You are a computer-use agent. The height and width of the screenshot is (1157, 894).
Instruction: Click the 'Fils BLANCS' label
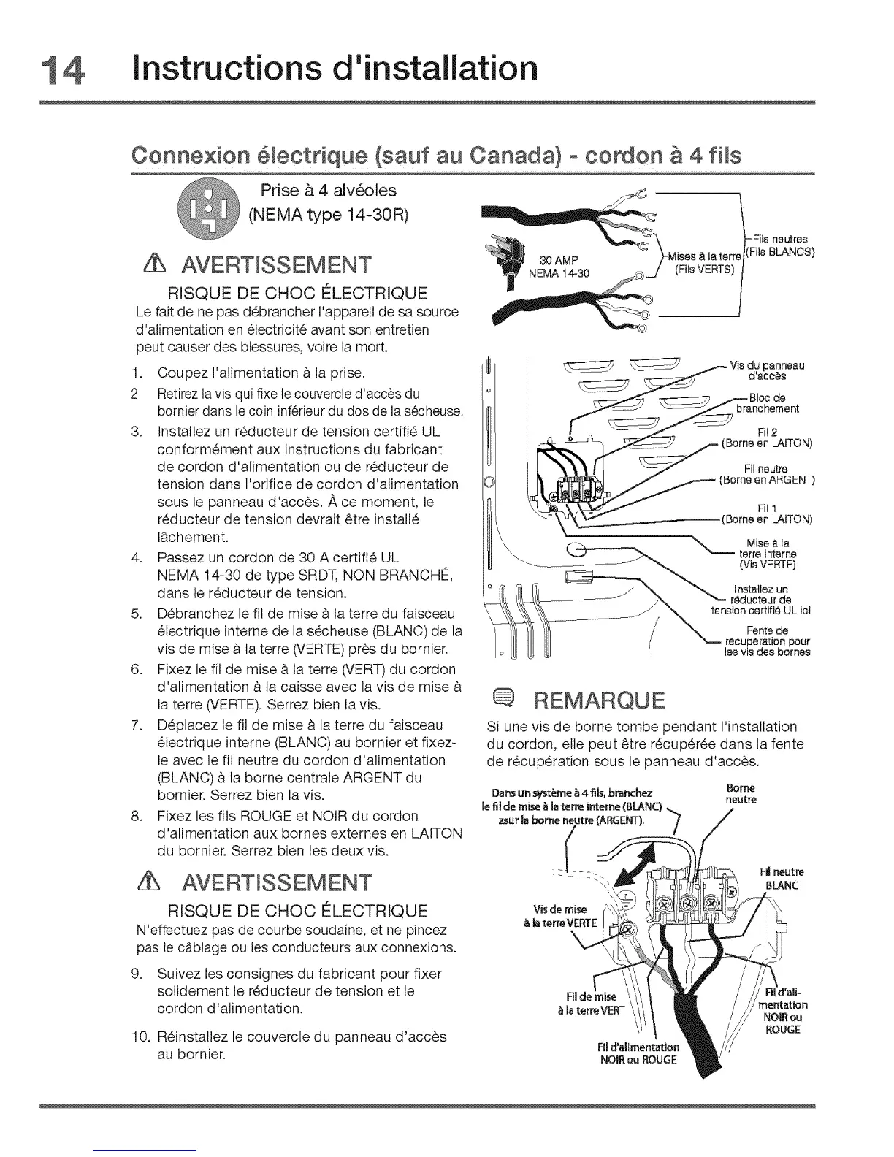pos(780,253)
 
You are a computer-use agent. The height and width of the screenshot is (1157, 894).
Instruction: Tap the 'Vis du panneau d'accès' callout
pos(767,372)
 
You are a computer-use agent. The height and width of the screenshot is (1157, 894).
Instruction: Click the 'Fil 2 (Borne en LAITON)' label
pos(766,438)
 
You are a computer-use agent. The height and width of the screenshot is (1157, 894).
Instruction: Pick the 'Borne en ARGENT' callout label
pos(767,481)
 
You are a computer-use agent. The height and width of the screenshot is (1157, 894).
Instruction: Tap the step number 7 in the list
pos(137,725)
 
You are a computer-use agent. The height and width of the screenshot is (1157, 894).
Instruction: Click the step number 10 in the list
pos(140,1037)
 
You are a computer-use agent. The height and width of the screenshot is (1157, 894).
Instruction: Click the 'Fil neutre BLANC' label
pos(782,879)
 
